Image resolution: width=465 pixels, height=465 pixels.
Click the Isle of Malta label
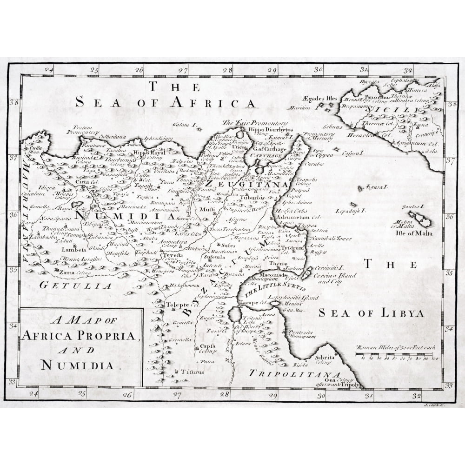click(413, 232)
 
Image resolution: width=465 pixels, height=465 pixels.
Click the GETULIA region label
click(75, 286)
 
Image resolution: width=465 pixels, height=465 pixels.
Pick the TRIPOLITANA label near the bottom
click(295, 373)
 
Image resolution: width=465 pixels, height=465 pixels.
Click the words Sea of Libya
click(371, 313)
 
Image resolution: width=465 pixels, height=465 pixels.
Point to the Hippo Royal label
click(149, 153)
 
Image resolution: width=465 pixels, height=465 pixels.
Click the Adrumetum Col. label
click(298, 217)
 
